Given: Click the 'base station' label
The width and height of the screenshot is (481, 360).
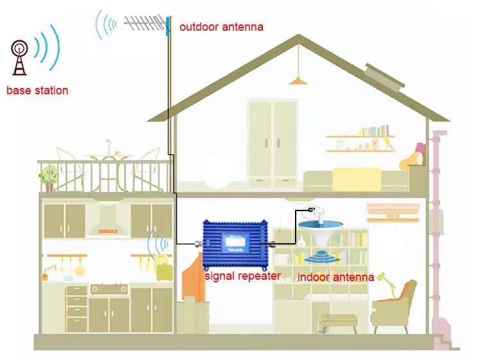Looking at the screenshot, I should [x=37, y=90].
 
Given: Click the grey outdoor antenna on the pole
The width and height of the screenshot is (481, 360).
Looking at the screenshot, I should [x=139, y=26].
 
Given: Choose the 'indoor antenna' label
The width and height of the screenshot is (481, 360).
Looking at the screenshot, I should [x=335, y=277].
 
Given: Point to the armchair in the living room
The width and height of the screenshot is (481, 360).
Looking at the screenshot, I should [x=393, y=308].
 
